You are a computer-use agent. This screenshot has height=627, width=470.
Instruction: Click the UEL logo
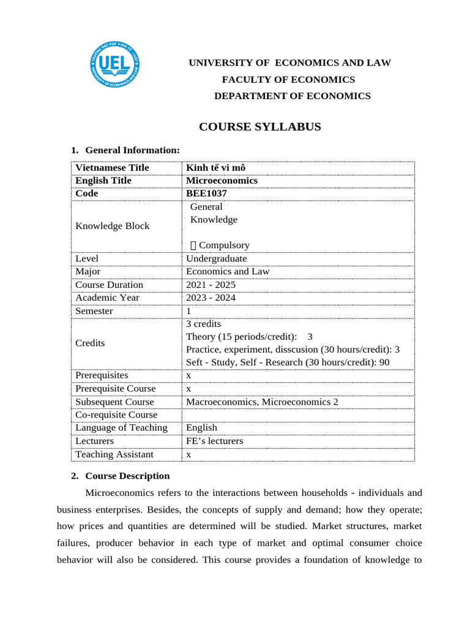click(114, 66)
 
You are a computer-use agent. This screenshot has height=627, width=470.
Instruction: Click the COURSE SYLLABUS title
click(260, 127)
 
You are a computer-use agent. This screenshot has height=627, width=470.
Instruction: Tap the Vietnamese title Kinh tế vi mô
click(215, 168)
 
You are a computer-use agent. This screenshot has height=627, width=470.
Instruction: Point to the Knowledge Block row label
click(112, 226)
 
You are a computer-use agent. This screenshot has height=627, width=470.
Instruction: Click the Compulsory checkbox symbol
click(194, 246)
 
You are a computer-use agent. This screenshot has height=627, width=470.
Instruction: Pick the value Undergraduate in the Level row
click(217, 258)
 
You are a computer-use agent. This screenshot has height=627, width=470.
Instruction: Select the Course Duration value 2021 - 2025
click(211, 285)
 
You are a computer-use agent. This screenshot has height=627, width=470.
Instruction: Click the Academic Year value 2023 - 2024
click(211, 298)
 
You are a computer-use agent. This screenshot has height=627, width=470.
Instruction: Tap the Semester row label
click(94, 311)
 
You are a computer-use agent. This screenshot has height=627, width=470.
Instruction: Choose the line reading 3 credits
click(203, 324)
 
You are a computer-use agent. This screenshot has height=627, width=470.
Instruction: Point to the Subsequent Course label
click(114, 402)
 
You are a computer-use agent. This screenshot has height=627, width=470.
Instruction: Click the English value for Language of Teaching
click(201, 427)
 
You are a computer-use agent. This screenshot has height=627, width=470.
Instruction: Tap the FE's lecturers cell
click(214, 441)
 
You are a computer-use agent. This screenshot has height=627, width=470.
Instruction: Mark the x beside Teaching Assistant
click(189, 454)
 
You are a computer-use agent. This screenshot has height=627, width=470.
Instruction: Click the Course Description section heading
click(127, 476)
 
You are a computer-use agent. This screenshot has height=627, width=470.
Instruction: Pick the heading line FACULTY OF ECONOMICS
click(288, 80)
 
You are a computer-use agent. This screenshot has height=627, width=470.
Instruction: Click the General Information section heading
click(132, 150)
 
